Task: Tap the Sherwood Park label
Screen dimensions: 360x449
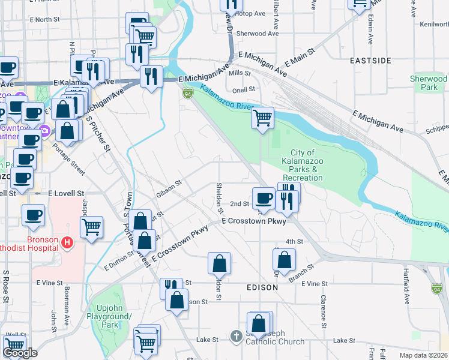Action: (428, 83)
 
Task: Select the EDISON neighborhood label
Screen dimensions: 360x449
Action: (262, 287)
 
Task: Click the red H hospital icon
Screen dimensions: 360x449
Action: (67, 242)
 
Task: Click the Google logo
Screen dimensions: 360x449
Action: (20, 353)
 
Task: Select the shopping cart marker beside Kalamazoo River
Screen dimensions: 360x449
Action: (262, 118)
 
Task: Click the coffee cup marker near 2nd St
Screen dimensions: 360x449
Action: (263, 198)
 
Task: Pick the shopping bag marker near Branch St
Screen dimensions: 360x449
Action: (285, 260)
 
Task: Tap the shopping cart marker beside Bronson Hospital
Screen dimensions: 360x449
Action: (91, 227)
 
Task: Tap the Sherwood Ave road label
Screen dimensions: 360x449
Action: (258, 34)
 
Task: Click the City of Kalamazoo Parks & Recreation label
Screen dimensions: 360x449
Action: (303, 165)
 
